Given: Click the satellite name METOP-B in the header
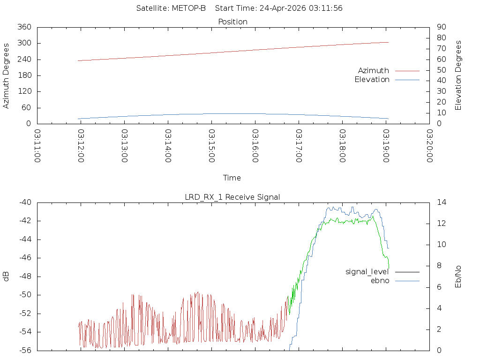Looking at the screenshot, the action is click(188, 8).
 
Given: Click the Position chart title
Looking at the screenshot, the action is click(232, 22).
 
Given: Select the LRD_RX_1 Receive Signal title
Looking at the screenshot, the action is click(232, 197).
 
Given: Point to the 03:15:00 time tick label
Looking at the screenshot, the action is click(211, 146).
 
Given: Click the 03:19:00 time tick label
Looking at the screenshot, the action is click(386, 146).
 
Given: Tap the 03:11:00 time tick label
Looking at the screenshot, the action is click(37, 146).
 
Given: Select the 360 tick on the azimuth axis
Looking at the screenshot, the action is click(24, 27).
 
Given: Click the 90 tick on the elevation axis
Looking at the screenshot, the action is click(442, 27).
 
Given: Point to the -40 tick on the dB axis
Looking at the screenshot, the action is click(25, 202).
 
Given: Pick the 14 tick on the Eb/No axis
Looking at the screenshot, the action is click(442, 202).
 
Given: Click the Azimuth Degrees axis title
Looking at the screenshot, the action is click(6, 76).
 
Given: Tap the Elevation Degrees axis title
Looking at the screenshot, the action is click(458, 75).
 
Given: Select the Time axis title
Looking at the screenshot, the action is click(232, 178).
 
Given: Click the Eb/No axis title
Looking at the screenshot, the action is click(458, 277).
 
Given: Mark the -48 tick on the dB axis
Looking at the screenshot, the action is click(25, 277).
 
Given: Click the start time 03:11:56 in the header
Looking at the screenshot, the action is click(325, 8).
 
